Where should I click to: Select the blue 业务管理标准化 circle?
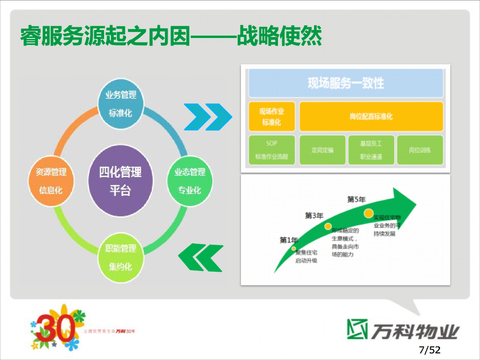121,104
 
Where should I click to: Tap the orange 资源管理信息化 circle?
51,180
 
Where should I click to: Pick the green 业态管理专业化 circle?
189,180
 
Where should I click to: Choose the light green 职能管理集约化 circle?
120,257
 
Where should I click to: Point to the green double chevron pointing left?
201,258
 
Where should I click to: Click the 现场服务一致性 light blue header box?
345,83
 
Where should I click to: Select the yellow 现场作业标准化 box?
272,116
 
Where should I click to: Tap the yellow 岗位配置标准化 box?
371,116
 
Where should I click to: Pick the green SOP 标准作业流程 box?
272,150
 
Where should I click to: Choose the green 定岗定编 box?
322,150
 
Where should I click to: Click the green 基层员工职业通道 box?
371,150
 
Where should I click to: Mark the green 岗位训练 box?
420,150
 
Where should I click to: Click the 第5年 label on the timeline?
356,199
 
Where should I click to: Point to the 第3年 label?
314,216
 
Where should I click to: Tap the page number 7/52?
429,350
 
